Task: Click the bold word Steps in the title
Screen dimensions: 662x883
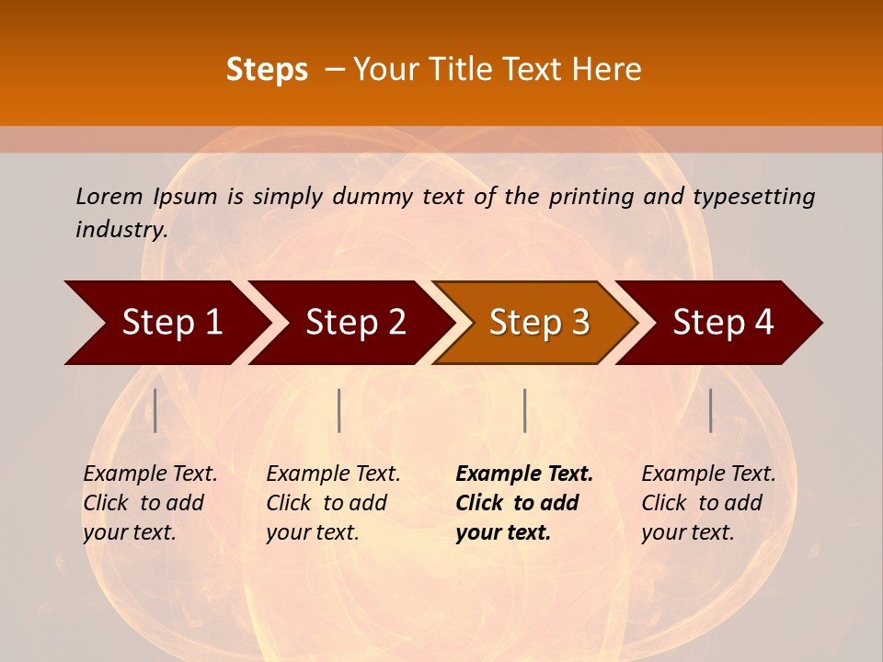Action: click(x=267, y=70)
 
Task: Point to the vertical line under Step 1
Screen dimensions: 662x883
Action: click(x=155, y=410)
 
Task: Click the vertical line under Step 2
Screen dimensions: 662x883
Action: click(x=339, y=410)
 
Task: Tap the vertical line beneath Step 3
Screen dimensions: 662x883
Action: click(x=524, y=410)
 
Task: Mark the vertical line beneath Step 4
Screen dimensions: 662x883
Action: click(x=710, y=410)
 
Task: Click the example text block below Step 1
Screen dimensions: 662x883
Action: click(x=150, y=503)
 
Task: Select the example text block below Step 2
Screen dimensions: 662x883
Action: click(x=333, y=503)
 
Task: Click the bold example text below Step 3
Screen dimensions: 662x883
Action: click(x=524, y=503)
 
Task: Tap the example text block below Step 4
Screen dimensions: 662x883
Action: click(x=708, y=503)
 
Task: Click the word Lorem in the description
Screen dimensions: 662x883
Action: click(x=109, y=197)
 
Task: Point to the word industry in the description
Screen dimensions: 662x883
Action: click(x=121, y=230)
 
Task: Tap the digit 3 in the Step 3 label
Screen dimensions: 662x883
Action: click(x=579, y=323)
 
